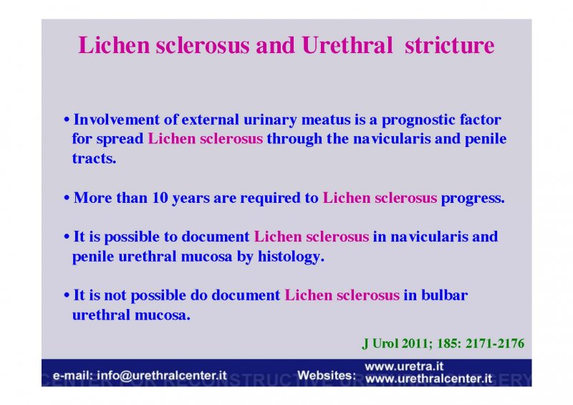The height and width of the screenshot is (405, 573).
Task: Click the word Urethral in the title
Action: coord(347,45)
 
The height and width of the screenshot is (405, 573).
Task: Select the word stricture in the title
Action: coord(450,45)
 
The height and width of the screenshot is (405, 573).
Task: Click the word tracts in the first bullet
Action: coord(94,158)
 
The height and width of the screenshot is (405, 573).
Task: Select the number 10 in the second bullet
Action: coord(160,198)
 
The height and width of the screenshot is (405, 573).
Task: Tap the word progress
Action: coord(473,199)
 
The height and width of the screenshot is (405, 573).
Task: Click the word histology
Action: coord(291,257)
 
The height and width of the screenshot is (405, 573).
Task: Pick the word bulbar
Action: coord(444,295)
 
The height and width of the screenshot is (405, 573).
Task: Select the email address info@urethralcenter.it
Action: coord(162,376)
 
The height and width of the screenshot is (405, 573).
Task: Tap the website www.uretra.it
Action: coord(404,366)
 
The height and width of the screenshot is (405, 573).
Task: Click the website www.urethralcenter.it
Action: coord(428,378)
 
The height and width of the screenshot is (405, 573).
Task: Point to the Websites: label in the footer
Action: coord(327,376)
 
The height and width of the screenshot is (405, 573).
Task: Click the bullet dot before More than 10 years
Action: coord(67,199)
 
